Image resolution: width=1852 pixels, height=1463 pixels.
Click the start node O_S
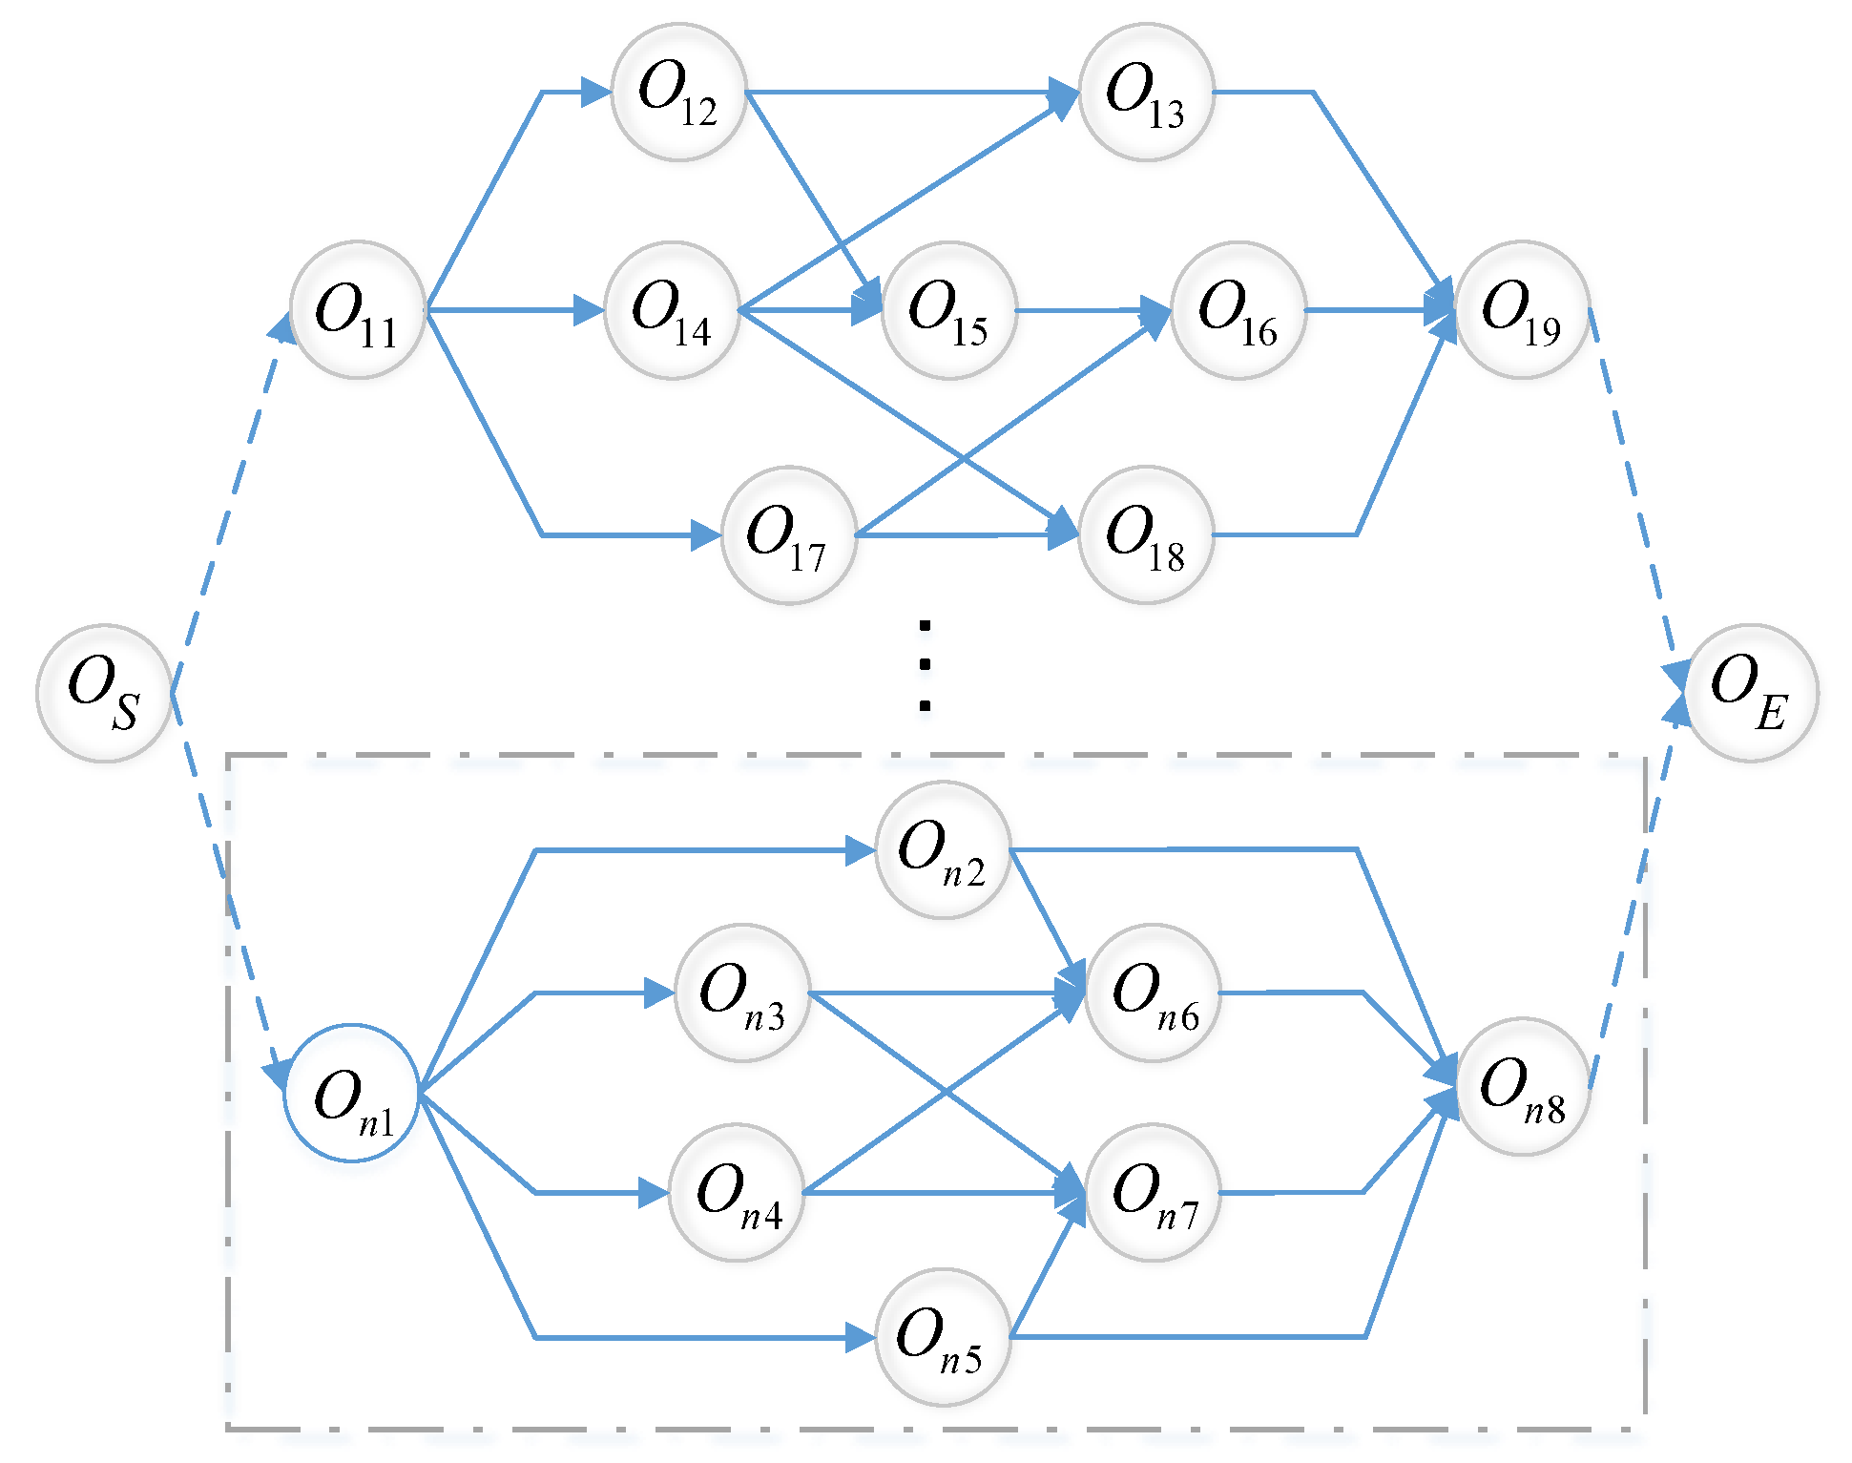click(x=104, y=693)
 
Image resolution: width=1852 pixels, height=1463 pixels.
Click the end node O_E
click(x=1751, y=693)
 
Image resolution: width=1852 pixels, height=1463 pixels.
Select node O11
click(x=358, y=310)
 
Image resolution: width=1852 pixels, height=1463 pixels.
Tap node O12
click(x=678, y=93)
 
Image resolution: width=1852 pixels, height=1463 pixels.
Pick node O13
click(x=1146, y=93)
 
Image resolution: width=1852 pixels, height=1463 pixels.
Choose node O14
click(x=672, y=310)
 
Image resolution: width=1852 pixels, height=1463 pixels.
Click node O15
click(x=949, y=310)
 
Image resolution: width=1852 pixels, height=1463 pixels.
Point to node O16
click(x=1238, y=310)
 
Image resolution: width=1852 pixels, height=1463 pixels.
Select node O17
click(x=789, y=535)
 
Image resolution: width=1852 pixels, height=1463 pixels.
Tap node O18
click(x=1146, y=535)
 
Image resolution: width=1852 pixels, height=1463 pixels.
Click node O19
click(x=1522, y=310)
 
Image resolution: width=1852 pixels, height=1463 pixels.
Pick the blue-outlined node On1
click(x=352, y=1093)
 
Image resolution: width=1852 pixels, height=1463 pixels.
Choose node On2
click(x=943, y=849)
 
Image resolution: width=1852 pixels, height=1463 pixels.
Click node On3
click(x=742, y=993)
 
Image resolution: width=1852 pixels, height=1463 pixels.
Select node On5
click(x=943, y=1337)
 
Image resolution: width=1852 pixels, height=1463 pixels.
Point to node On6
click(x=1153, y=993)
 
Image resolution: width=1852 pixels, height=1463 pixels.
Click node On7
click(x=1153, y=1193)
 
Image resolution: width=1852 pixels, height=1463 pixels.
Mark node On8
click(x=1523, y=1087)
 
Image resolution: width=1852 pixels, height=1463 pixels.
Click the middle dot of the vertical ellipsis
click(x=925, y=665)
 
